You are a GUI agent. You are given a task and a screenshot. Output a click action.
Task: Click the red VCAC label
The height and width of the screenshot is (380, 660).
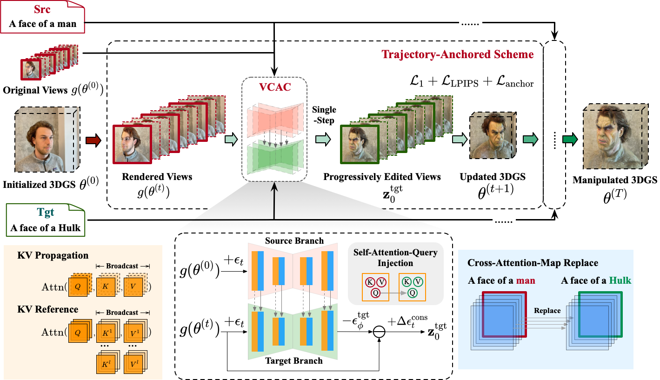275,87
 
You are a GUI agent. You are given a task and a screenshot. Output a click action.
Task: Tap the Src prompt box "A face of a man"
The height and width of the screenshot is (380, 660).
42,17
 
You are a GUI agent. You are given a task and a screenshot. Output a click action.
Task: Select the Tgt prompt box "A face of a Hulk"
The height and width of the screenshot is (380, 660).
46,220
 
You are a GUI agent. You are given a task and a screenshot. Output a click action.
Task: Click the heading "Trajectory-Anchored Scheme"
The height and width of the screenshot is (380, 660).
458,54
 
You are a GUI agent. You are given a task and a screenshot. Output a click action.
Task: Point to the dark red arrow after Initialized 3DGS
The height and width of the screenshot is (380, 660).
93,140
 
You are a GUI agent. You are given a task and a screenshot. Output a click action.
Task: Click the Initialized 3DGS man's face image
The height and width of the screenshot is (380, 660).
47,140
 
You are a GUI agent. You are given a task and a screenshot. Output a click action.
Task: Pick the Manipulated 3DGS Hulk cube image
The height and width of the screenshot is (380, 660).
615,136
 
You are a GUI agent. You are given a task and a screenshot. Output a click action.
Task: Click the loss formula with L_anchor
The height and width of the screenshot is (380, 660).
472,81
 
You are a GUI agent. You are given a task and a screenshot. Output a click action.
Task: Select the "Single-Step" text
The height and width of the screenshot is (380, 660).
324,115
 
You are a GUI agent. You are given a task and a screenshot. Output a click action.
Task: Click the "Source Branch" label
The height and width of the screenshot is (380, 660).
294,240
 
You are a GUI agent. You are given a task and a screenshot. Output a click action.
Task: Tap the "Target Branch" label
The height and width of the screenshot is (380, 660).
294,361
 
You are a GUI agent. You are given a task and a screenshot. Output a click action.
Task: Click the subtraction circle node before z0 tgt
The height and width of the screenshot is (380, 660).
379,332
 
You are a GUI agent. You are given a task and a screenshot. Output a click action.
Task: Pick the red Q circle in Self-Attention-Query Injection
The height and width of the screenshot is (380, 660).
375,293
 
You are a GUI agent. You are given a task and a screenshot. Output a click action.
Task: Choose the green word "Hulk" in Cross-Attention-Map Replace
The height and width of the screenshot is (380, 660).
620,280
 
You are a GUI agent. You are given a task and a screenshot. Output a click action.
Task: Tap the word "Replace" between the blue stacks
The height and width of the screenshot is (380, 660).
547,311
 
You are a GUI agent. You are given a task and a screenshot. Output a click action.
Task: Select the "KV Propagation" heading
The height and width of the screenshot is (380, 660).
53,255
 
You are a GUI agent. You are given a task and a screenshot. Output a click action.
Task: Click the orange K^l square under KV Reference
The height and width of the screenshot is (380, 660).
105,364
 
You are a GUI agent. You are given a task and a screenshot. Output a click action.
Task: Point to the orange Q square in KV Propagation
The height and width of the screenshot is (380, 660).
78,287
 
